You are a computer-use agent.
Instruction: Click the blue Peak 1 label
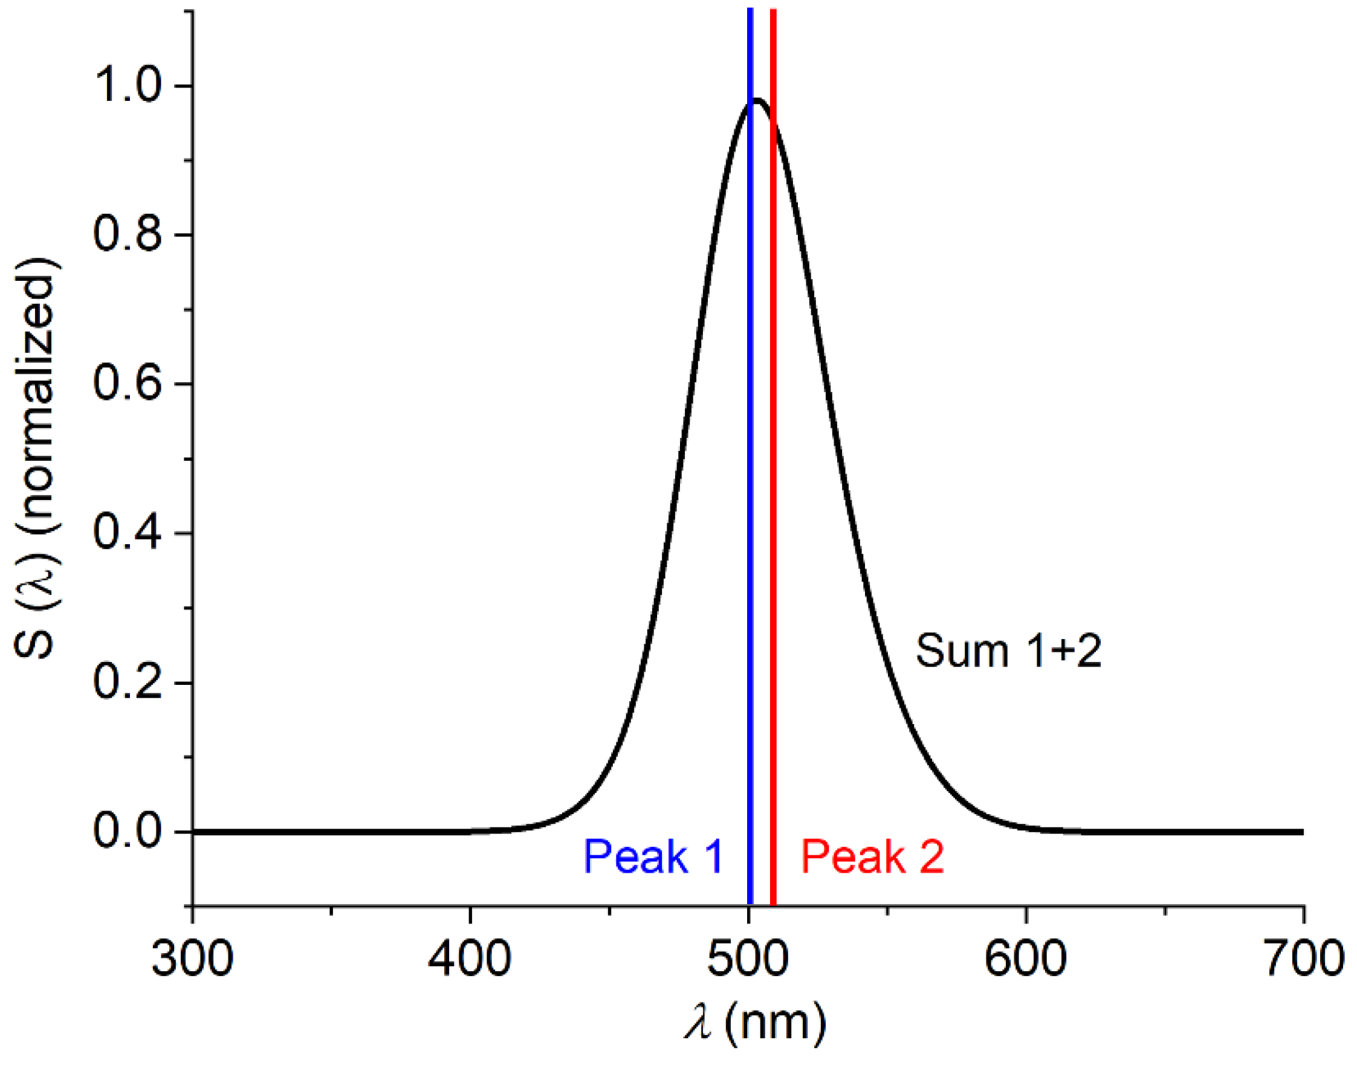click(653, 857)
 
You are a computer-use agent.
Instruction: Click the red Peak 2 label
click(872, 857)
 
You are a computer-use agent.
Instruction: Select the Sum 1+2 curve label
click(1008, 650)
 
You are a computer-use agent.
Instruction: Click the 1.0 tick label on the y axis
click(128, 86)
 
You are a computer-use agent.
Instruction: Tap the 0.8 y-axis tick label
click(128, 236)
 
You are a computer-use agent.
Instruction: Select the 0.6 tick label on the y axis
click(128, 384)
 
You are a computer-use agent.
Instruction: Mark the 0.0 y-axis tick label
click(128, 832)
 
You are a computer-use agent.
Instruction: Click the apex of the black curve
click(756, 100)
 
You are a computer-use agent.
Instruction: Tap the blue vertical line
click(750, 437)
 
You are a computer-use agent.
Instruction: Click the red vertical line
click(773, 437)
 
